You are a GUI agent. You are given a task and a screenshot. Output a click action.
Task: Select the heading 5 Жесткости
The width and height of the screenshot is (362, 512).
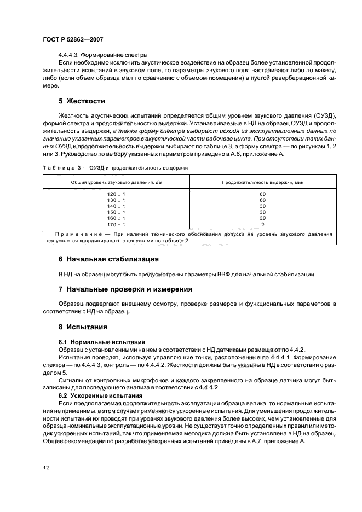[82, 101]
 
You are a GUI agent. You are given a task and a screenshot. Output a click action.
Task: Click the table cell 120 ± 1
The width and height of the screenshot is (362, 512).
[116, 194]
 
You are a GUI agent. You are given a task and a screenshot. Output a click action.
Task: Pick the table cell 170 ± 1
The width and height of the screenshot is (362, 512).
[116, 224]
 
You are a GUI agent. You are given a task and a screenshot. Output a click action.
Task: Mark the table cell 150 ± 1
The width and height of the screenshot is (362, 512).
[116, 212]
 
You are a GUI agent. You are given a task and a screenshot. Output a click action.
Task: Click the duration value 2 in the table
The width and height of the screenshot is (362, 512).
[262, 224]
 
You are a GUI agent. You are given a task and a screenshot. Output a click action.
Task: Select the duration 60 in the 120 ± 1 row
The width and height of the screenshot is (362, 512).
[262, 194]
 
